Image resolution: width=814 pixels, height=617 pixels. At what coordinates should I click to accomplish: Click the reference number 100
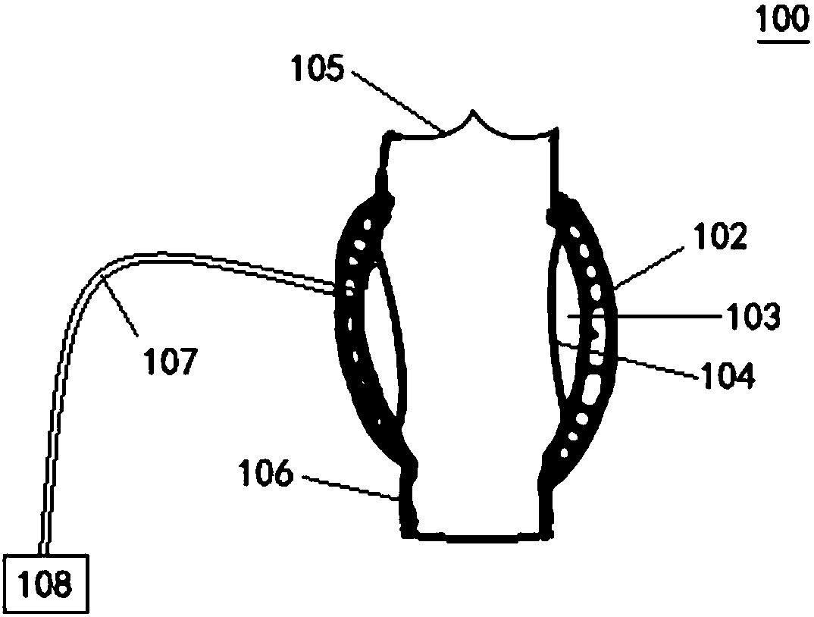[781, 18]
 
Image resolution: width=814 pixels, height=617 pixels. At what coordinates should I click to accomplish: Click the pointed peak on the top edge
[473, 113]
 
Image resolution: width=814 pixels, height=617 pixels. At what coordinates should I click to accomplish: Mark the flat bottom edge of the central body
[477, 535]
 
